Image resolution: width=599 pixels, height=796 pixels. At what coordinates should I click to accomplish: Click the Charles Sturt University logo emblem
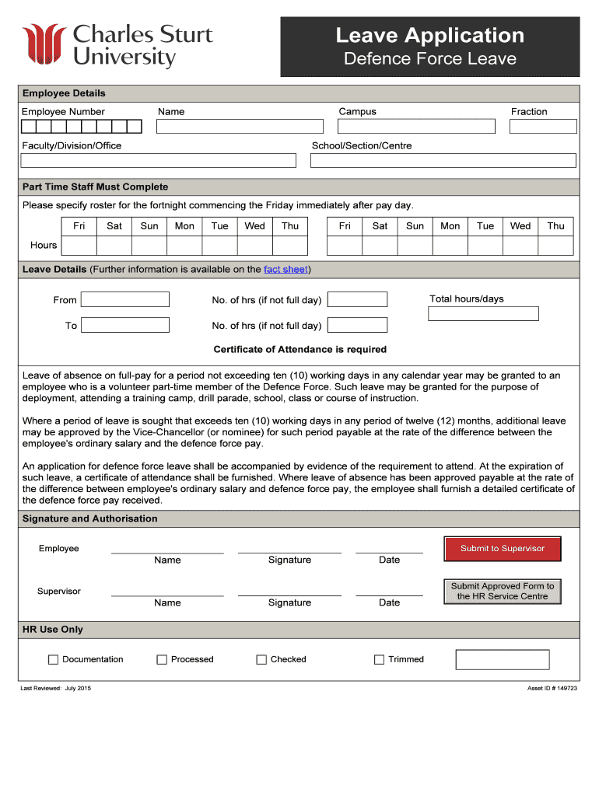point(44,46)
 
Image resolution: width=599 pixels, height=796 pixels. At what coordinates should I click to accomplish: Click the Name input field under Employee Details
point(240,127)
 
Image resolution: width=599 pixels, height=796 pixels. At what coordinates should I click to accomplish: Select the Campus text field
point(416,127)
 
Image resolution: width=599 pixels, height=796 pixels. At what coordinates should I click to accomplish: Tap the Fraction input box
point(543,127)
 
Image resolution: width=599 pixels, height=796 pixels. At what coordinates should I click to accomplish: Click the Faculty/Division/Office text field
point(159,161)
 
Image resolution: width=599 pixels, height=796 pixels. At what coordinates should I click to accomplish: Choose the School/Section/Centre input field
point(443,161)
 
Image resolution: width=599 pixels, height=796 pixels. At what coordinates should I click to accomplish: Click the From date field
point(125,300)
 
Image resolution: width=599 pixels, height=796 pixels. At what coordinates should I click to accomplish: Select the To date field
point(125,326)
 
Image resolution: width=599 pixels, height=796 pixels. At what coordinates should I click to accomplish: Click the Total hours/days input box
point(483,314)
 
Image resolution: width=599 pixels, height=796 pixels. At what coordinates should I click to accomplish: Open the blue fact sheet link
point(285,270)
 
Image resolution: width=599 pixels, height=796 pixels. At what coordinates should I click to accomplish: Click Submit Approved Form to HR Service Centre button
point(503,592)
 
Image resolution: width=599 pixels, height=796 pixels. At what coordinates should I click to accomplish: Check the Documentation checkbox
point(53,660)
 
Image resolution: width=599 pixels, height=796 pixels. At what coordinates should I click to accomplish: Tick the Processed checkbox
point(162,660)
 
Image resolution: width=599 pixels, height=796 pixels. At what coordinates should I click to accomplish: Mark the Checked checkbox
point(261,660)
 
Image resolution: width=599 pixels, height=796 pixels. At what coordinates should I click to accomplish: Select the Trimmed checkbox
point(379,660)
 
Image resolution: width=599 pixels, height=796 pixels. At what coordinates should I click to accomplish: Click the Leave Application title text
point(429,35)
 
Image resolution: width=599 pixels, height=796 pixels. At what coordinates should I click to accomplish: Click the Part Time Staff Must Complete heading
point(95,187)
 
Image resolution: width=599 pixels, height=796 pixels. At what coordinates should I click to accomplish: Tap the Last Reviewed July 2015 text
point(55,689)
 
